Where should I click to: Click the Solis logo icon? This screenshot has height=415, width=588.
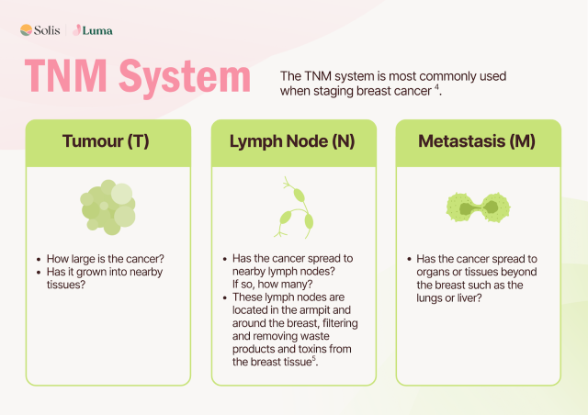point(26,30)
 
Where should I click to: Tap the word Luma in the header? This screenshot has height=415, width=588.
point(97,30)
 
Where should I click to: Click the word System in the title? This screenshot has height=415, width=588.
point(185,78)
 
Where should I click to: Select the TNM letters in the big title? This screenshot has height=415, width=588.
point(65,75)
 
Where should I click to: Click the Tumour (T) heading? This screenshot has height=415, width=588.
point(106,141)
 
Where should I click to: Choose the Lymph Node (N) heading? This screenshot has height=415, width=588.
point(292,141)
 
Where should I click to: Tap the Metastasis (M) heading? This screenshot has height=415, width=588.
point(477,141)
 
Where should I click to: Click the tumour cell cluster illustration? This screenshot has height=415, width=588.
point(108,207)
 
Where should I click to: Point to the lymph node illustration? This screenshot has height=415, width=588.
point(294,207)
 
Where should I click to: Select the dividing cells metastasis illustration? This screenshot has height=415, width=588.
point(478,207)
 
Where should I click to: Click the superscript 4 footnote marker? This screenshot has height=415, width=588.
point(436,87)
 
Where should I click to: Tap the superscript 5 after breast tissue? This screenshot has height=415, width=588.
point(314,358)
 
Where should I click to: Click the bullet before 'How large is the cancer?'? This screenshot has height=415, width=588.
point(39,260)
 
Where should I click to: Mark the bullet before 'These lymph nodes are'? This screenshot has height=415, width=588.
point(224,298)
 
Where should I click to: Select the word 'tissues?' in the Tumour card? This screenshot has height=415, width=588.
point(66,285)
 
